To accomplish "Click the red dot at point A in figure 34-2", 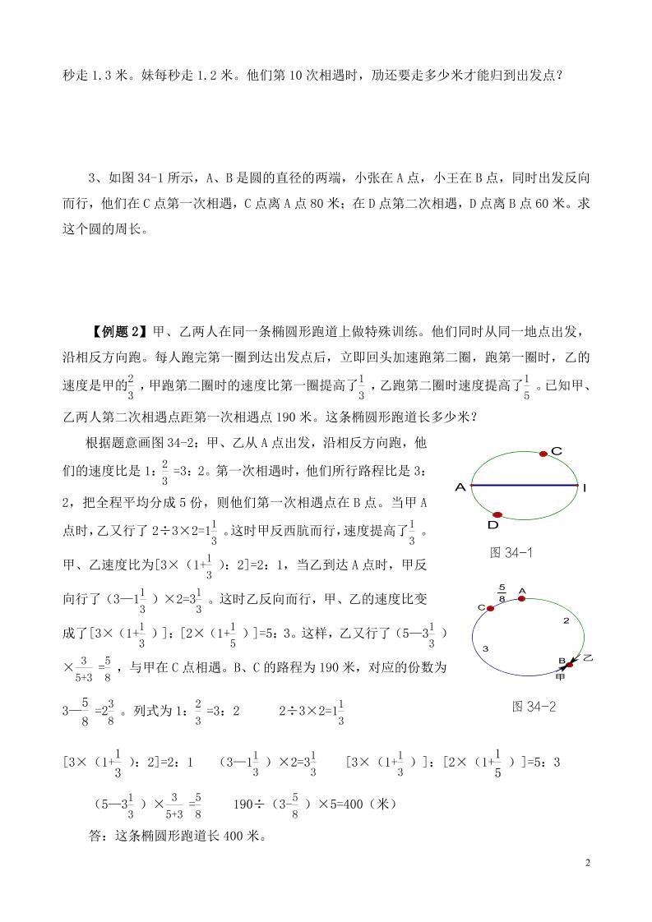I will click(521, 598).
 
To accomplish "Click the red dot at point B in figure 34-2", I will click(562, 659).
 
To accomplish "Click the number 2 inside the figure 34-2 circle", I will click(566, 620).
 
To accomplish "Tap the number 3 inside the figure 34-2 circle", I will click(487, 648).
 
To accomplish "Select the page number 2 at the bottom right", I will click(587, 863).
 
